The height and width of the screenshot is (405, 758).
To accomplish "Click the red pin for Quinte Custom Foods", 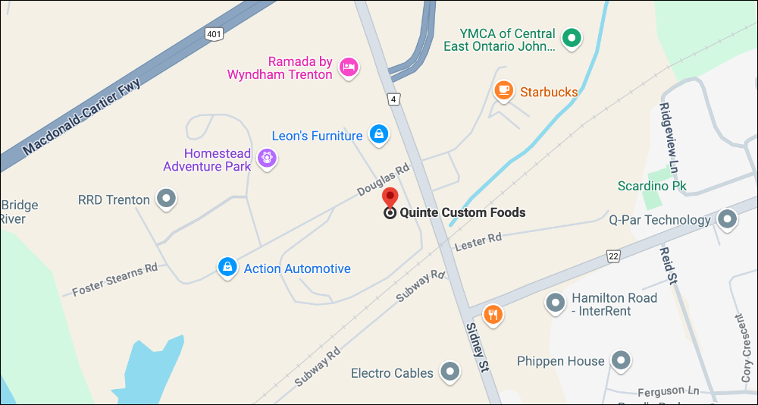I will [390, 197].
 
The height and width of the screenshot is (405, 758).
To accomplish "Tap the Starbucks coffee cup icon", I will [503, 91].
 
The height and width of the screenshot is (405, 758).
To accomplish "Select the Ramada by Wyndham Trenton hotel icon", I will [348, 67].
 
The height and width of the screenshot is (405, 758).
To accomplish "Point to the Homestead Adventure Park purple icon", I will [266, 159].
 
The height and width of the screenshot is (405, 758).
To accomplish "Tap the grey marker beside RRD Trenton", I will [166, 199].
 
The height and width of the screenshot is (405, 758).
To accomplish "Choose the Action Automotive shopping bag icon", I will [226, 267].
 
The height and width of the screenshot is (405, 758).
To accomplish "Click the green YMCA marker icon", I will [574, 36].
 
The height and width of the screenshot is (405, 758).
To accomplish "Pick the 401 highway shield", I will [214, 33].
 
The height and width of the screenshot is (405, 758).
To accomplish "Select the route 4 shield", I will [393, 99].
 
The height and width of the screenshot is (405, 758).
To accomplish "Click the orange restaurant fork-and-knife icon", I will [493, 313].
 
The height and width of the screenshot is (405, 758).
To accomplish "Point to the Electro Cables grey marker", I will [451, 372].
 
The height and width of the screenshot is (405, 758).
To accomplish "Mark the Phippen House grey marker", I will [622, 360].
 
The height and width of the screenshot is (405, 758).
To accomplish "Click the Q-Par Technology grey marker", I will [728, 220].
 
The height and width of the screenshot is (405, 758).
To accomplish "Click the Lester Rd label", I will [478, 242].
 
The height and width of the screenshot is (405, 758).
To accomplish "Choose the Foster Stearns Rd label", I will [114, 278].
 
